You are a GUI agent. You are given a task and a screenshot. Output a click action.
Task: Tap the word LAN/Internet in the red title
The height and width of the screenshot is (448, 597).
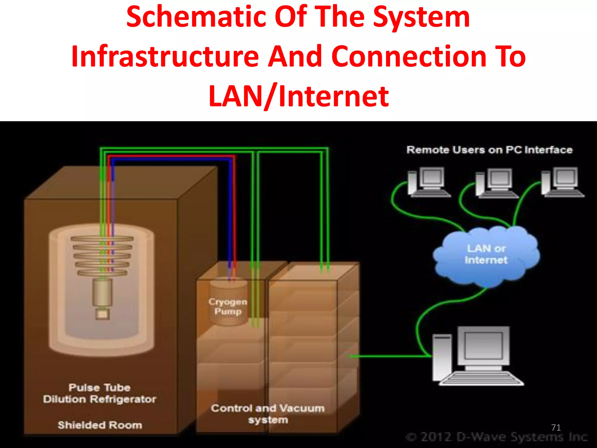coord(298,96)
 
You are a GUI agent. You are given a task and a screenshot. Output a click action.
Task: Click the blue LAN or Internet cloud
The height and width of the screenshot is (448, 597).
coord(486,255)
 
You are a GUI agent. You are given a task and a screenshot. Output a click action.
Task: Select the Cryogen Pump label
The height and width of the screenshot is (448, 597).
coord(228,306)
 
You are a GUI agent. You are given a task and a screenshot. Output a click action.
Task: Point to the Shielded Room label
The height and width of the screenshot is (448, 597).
coord(100,425)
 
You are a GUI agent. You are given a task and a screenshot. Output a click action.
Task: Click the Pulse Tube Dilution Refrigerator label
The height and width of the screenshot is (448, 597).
coord(99,393)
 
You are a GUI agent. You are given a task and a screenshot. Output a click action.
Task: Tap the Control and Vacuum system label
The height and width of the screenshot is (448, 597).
coord(268,414)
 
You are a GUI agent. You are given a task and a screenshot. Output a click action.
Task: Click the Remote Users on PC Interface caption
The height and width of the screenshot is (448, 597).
coord(489,150)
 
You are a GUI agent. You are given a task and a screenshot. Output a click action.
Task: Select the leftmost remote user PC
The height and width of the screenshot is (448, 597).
coord(429,182)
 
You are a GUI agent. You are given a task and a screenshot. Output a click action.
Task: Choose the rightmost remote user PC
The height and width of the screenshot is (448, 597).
coord(562,182)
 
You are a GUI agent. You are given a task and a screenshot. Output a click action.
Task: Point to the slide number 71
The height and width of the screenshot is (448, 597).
coord(556,428)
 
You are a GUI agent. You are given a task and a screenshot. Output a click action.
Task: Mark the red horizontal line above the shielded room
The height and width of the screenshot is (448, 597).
coord(172,157)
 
